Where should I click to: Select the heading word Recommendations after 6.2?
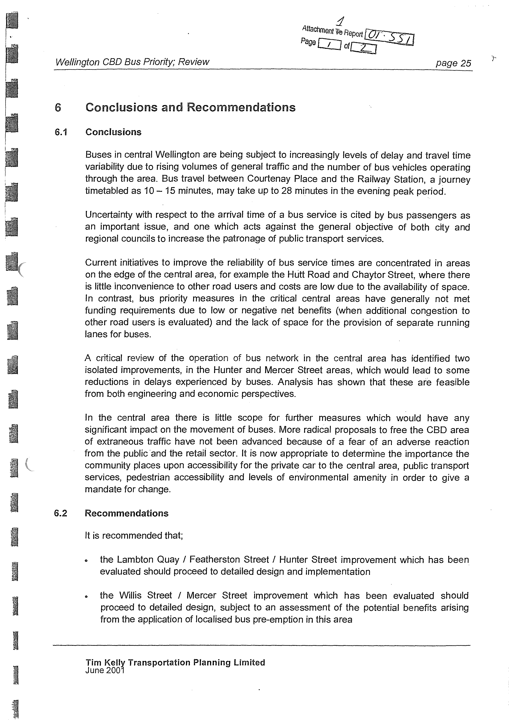127,513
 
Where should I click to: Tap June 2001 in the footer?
105,670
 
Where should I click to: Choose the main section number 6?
58,107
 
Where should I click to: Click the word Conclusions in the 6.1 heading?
113,132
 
